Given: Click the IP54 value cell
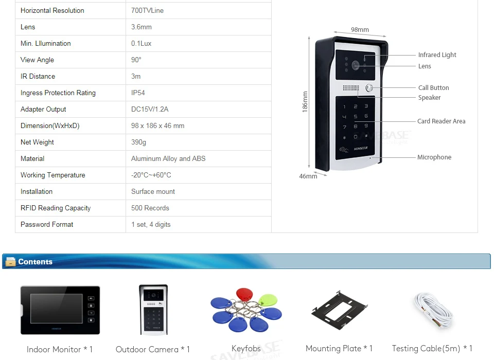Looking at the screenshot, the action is (x=138, y=93).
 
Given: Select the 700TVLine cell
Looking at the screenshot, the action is (x=147, y=11).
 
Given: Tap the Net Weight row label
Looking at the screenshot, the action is (x=37, y=142).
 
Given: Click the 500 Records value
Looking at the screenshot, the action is (x=150, y=208).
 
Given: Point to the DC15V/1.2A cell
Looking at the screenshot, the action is (x=150, y=110).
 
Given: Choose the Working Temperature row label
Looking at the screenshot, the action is (x=52, y=175).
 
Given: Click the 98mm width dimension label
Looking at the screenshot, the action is (x=360, y=30).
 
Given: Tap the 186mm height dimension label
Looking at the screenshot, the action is (x=305, y=102).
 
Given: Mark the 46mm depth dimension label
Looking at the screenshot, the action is (x=308, y=176).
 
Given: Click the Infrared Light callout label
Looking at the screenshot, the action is (x=437, y=55).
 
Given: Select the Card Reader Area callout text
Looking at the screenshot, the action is (x=441, y=121).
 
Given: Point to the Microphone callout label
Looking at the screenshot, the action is (x=434, y=157).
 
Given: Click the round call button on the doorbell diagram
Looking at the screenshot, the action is (x=369, y=88).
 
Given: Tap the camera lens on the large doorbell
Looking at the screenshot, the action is (x=356, y=65).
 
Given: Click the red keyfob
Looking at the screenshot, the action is (x=245, y=294).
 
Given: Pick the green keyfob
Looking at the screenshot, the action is (x=268, y=299).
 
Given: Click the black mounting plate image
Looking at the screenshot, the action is (x=339, y=311).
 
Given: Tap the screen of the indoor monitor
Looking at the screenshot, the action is (x=55, y=310).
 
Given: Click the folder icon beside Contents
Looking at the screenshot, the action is (x=10, y=262).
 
